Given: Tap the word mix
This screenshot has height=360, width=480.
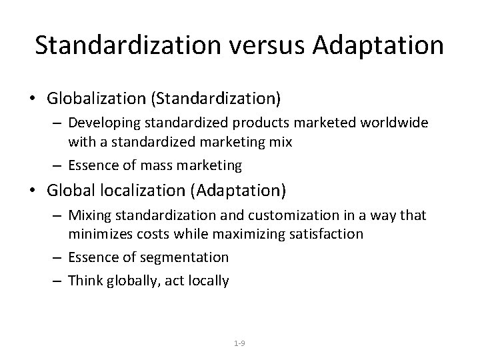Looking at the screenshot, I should (282, 141).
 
